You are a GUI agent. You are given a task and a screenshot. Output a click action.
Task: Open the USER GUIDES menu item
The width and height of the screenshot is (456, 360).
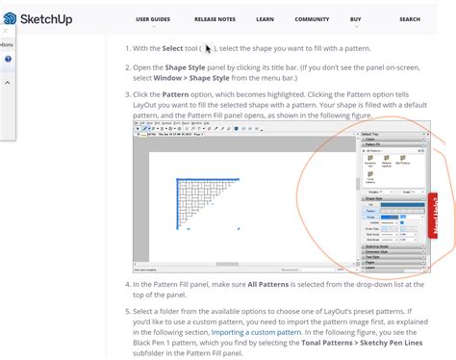tap(155, 18)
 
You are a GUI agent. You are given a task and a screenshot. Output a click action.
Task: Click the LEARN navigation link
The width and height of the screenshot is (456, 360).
tap(265, 18)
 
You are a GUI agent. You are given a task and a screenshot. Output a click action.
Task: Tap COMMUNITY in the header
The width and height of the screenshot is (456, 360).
tap(312, 18)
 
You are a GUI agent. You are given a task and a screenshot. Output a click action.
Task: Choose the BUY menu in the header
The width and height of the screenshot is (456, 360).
tap(356, 18)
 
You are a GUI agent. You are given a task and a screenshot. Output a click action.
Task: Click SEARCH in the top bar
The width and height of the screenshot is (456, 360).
tap(410, 18)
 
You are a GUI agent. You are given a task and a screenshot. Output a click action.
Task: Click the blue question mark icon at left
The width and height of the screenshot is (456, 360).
tap(8, 59)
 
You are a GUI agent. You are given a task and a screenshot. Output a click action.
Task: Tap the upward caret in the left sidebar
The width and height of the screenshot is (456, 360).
tap(8, 83)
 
